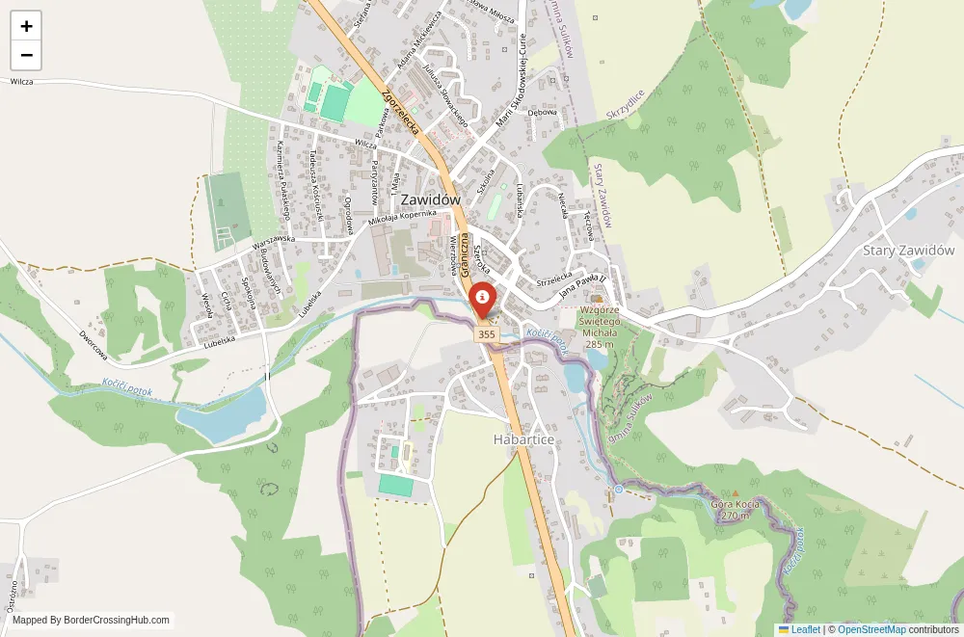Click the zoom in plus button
coord(26,26)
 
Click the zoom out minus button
coord(26,55)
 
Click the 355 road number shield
coord(486,334)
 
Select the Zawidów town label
coord(429,199)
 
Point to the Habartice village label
coord(523,438)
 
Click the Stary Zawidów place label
coord(908,251)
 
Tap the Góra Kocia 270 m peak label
coord(736,509)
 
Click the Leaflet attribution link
coord(799,629)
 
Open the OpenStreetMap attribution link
coord(871,629)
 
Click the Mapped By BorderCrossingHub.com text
coord(91,621)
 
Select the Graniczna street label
coord(465,256)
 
